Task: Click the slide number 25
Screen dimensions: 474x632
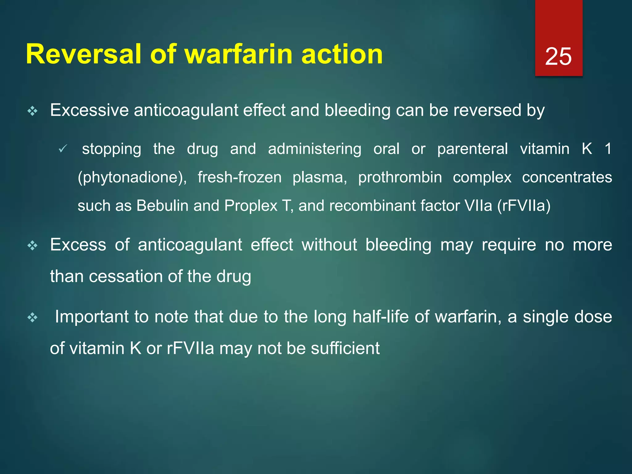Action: click(x=558, y=56)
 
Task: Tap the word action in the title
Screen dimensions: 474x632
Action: click(x=342, y=54)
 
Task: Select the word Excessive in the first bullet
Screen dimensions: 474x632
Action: click(x=89, y=110)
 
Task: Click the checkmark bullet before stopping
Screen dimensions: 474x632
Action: click(x=62, y=149)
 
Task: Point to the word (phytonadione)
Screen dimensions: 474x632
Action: click(x=132, y=177)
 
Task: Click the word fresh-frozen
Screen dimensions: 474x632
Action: click(x=239, y=177)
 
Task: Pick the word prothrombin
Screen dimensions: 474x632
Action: click(x=400, y=177)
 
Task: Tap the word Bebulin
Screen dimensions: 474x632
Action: click(x=162, y=206)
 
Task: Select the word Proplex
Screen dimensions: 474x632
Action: click(x=251, y=206)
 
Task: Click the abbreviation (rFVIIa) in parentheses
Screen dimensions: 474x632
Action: click(x=524, y=206)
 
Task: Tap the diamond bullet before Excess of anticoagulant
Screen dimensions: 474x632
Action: click(x=32, y=246)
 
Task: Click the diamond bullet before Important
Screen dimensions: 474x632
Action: click(x=32, y=318)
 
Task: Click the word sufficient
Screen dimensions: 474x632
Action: click(x=345, y=348)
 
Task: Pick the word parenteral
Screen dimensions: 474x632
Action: click(x=472, y=149)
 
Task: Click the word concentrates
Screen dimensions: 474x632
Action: click(x=567, y=177)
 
